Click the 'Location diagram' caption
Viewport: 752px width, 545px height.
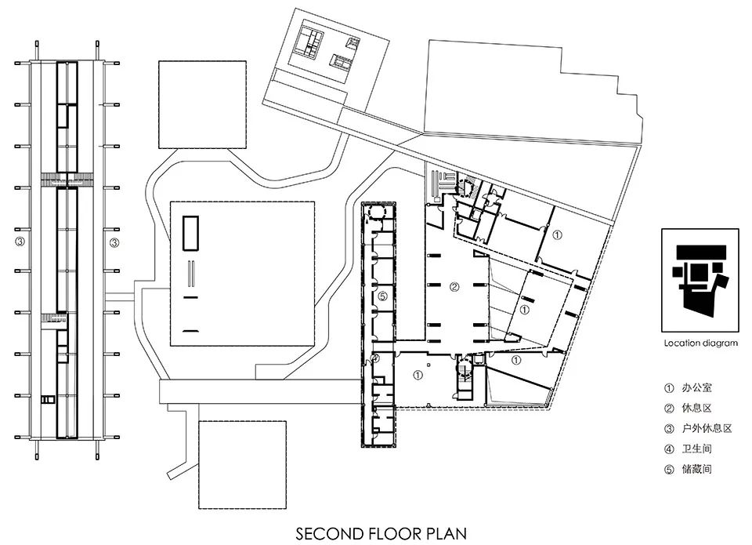click(700, 343)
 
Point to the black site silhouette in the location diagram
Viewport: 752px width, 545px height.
click(700, 278)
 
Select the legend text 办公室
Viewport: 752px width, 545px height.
click(697, 387)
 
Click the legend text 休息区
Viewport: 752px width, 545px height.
click(697, 408)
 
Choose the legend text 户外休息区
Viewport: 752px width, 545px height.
click(707, 428)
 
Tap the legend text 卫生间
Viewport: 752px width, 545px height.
click(697, 449)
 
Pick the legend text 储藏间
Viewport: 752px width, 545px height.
click(697, 469)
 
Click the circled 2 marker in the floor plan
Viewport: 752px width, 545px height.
click(454, 287)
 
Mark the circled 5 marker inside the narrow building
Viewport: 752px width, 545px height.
click(382, 296)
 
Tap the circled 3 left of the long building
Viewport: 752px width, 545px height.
click(20, 242)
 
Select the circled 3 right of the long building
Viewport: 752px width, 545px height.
click(114, 243)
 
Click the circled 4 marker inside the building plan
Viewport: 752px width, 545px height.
click(375, 358)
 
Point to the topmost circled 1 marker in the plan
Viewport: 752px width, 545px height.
click(557, 235)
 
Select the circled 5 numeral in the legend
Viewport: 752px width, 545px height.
click(669, 470)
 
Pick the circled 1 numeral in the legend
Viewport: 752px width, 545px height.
click(669, 388)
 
